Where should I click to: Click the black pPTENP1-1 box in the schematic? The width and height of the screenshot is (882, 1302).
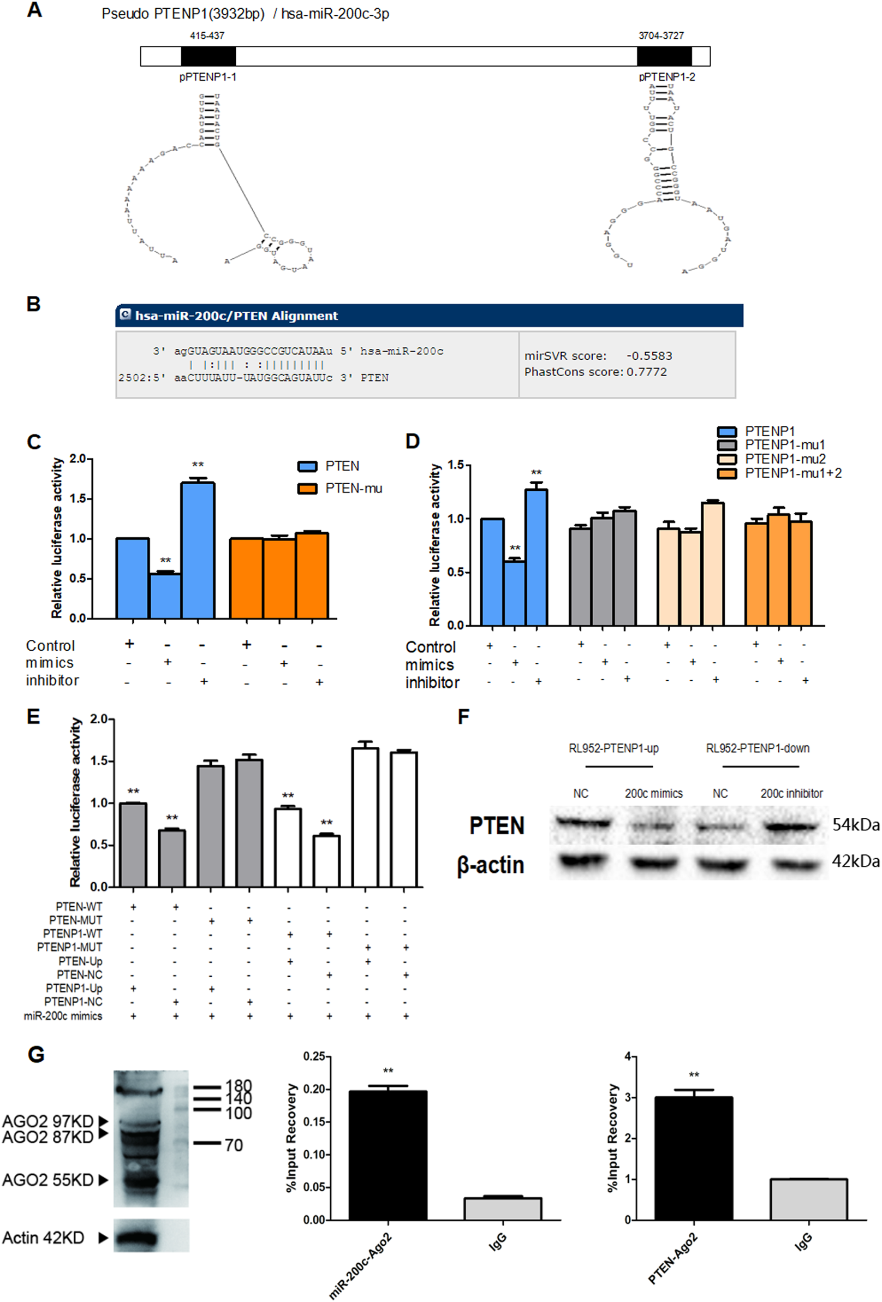tap(208, 57)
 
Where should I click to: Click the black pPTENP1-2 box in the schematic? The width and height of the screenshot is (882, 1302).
tap(664, 57)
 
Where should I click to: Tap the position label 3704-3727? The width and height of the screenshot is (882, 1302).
tap(661, 36)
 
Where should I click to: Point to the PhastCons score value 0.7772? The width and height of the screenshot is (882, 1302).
tap(646, 372)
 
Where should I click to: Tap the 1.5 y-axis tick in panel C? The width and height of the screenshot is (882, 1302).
tap(78, 498)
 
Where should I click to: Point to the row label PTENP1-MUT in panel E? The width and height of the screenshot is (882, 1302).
tap(70, 947)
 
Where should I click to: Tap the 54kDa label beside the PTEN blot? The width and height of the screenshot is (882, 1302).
tap(856, 825)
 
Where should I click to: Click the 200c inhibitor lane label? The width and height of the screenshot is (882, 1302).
tap(791, 793)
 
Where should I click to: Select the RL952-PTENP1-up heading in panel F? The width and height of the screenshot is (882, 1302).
tap(613, 748)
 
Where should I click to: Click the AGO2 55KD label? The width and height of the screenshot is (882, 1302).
tap(48, 1180)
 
